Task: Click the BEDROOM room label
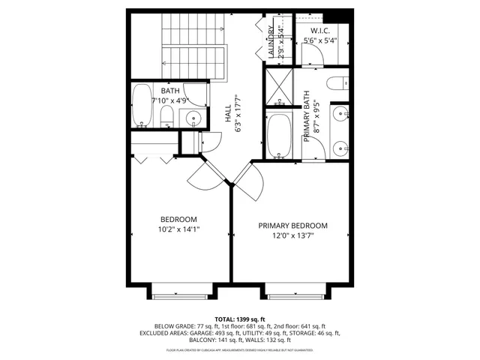pyautogui.click(x=178, y=218)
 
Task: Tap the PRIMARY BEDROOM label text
pyautogui.click(x=292, y=226)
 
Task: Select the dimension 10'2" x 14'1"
pyautogui.click(x=178, y=229)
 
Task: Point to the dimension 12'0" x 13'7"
pyautogui.click(x=292, y=235)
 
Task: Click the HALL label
pyautogui.click(x=228, y=114)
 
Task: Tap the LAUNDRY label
pyautogui.click(x=271, y=40)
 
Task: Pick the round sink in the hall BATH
pyautogui.click(x=193, y=118)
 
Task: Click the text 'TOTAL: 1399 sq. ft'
pyautogui.click(x=239, y=319)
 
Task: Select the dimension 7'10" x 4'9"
pyautogui.click(x=171, y=100)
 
